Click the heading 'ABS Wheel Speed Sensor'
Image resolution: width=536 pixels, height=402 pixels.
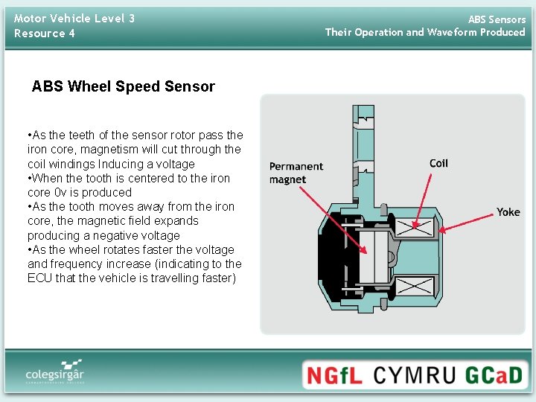pos(123,86)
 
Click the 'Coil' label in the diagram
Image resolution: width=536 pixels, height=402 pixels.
pos(438,163)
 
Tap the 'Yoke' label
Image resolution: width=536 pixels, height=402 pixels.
pos(508,212)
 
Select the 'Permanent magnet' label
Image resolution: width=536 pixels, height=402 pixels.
pos(296,173)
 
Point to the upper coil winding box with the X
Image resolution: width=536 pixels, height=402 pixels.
pos(415,226)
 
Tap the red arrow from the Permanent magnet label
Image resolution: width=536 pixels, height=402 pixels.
pos(335,216)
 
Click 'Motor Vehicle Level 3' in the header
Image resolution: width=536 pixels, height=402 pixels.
pos(74,18)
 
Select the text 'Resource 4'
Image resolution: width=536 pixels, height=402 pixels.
pos(45,33)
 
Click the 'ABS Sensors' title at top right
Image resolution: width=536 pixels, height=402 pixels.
pos(497,19)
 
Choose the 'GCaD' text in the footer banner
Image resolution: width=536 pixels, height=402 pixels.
pos(494,374)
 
